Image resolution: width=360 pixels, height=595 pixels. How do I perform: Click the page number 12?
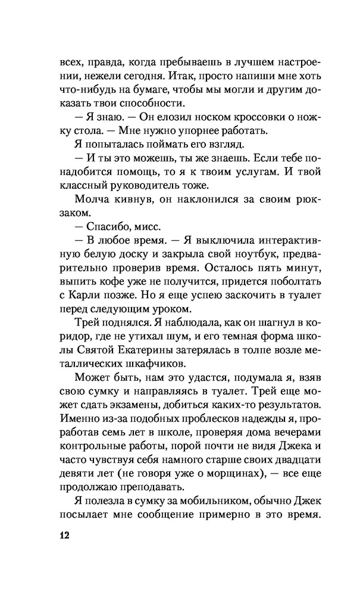tap(64, 534)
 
